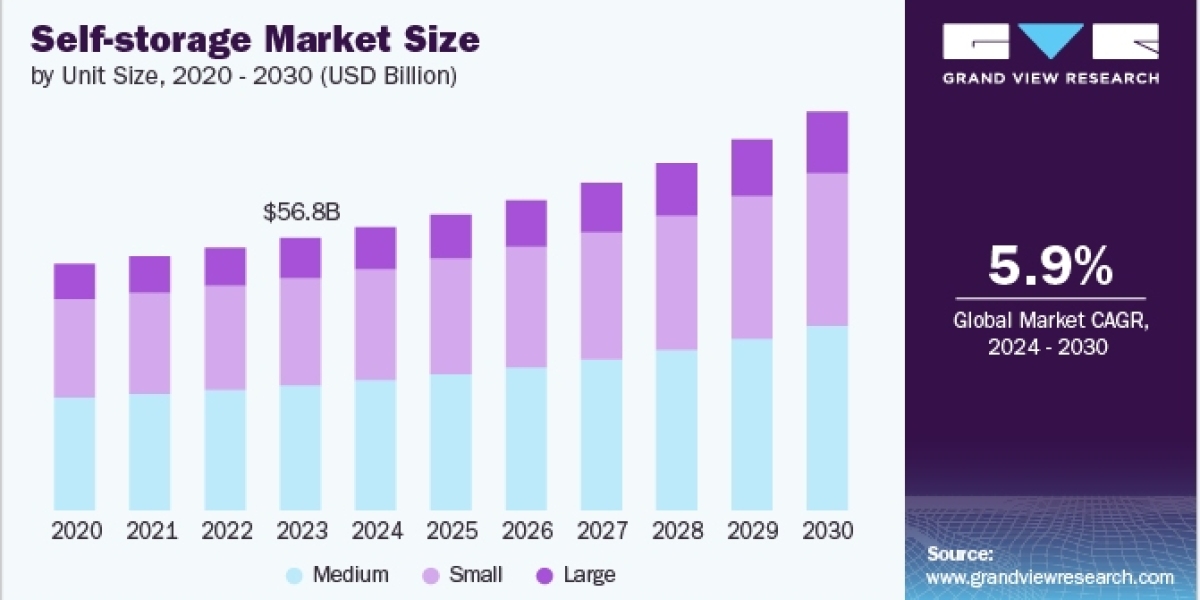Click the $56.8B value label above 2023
click(302, 212)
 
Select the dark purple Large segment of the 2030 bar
click(827, 142)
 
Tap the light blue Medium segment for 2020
click(74, 454)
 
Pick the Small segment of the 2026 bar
click(526, 307)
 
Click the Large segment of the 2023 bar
click(301, 258)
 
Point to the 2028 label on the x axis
click(677, 531)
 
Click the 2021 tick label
click(152, 531)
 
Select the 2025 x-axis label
click(452, 531)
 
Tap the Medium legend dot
click(294, 576)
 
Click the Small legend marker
click(431, 576)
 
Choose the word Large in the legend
click(589, 575)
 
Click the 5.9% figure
click(1051, 266)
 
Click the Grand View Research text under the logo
click(1051, 78)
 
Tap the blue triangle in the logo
click(1051, 41)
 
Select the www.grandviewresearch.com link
click(1050, 578)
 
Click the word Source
click(960, 554)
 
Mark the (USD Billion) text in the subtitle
click(388, 76)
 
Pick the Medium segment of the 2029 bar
click(752, 424)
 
